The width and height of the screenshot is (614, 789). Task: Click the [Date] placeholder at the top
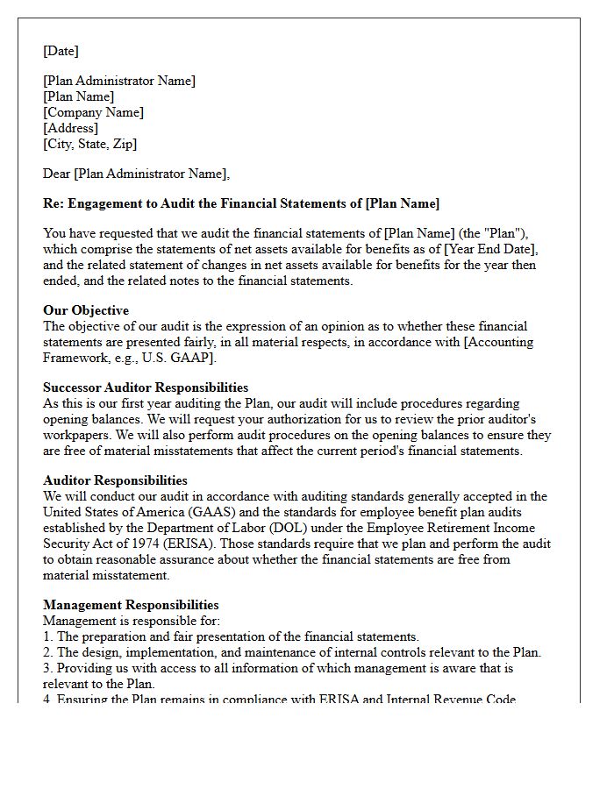61,51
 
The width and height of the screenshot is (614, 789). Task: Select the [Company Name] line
93,112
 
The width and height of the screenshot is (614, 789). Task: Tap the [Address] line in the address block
72,128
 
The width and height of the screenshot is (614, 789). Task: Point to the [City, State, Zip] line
89,144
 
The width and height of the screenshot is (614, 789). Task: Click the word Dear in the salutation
57,174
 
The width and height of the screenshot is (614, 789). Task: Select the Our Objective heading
86,310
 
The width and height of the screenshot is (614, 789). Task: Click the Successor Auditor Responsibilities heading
146,387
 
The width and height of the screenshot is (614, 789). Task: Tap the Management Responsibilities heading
131,605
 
